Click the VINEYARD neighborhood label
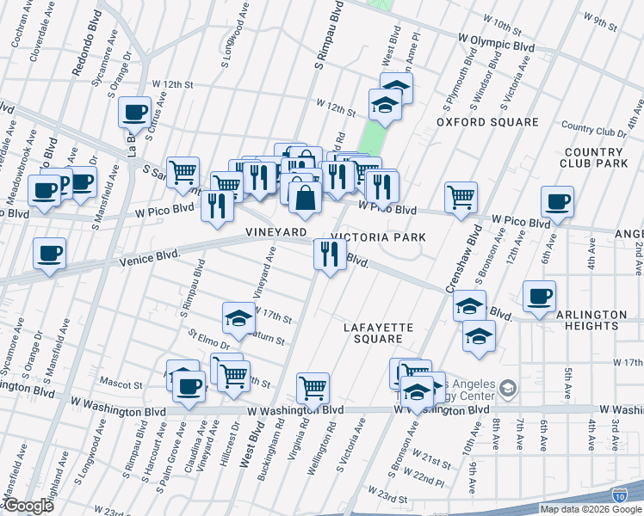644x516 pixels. pyautogui.click(x=276, y=233)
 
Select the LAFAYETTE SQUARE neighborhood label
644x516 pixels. pyautogui.click(x=379, y=334)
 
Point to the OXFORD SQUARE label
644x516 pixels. pyautogui.click(x=487, y=122)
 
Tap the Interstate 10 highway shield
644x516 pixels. pyautogui.click(x=620, y=494)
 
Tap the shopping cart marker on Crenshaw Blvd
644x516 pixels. pyautogui.click(x=461, y=196)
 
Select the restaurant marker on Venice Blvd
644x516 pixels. pyautogui.click(x=329, y=253)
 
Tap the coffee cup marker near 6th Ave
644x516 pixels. pyautogui.click(x=557, y=201)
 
